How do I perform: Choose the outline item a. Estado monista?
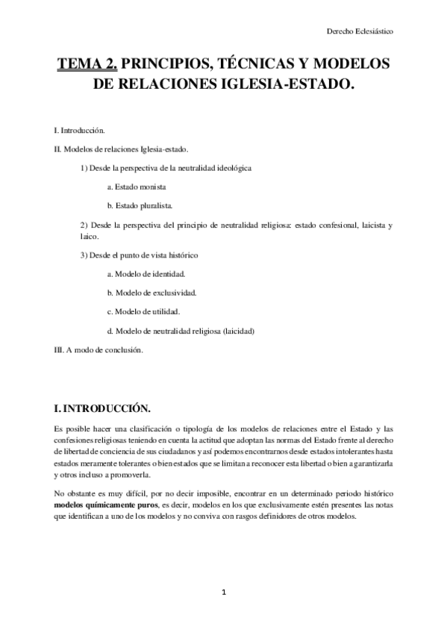point(137,186)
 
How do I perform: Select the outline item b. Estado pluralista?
point(140,205)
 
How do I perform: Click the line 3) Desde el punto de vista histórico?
point(139,255)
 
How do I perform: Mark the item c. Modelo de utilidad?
point(143,311)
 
